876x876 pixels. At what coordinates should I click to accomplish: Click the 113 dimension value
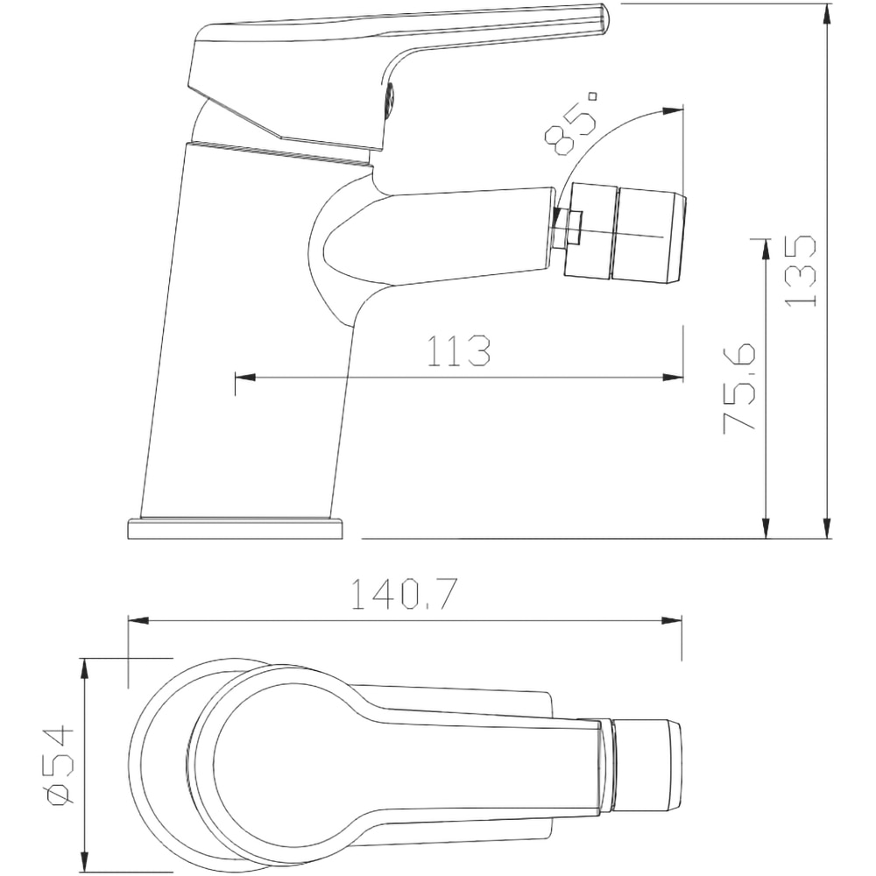(x=459, y=351)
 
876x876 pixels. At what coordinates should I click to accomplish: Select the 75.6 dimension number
(x=739, y=388)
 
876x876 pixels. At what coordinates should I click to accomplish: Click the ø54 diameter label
(x=60, y=766)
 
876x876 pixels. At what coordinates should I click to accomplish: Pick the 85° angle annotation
(x=571, y=122)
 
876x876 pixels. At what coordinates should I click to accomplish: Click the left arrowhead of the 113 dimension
(x=245, y=378)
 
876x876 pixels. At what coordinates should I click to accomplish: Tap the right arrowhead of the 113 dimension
(x=673, y=378)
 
